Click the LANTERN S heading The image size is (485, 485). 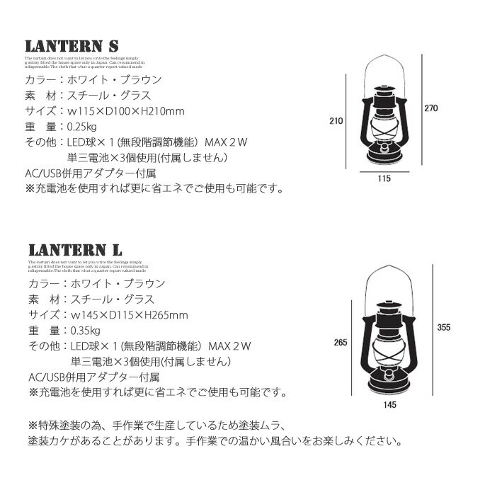tap(70, 46)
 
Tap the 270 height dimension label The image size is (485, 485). tap(431, 108)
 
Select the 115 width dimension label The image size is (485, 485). tap(384, 179)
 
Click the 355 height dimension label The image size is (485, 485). tap(444, 327)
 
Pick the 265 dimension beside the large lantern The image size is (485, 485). tap(339, 343)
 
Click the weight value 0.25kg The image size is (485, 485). tap(84, 127)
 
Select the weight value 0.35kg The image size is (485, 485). tap(84, 331)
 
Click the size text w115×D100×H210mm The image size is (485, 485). tap(125, 112)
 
